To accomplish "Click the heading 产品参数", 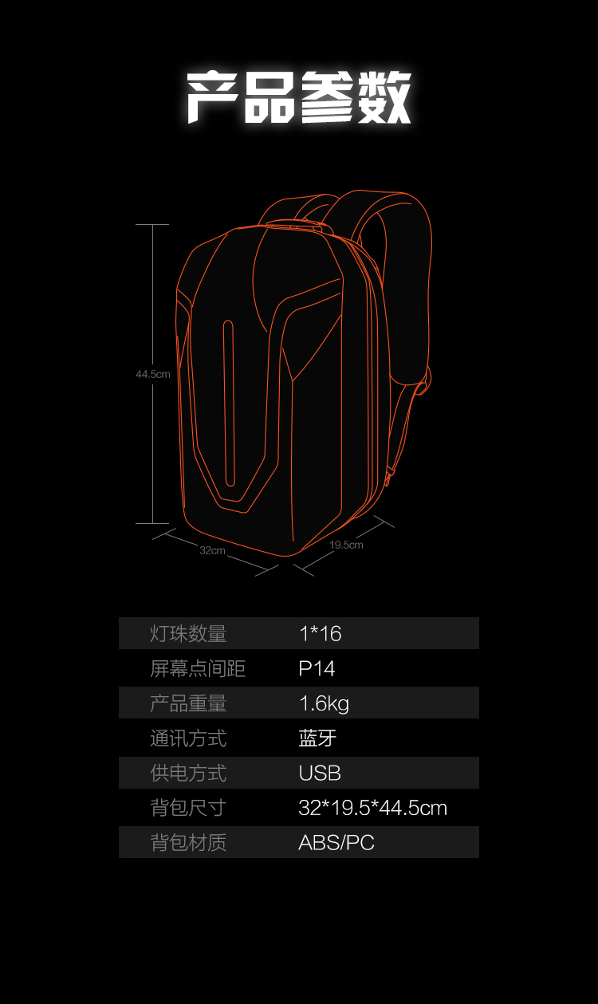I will (299, 97).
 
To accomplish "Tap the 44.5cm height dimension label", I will (153, 374).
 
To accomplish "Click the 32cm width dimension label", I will (212, 550).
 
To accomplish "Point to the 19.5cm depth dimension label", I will (346, 545).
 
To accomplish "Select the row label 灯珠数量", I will (188, 634).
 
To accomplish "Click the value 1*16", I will (320, 634).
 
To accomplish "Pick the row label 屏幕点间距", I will (198, 668).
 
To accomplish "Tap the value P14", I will (317, 668).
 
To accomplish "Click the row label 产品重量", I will (188, 703).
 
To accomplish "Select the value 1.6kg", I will (324, 703).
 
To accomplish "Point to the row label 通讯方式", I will (188, 738).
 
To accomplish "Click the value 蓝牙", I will (317, 738).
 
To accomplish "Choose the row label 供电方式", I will (188, 773).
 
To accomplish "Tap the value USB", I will (320, 773).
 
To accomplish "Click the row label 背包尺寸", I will (188, 808).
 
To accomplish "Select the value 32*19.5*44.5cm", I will (372, 808).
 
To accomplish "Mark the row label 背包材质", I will (188, 843).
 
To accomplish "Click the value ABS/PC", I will (336, 843).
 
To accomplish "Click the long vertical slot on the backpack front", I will (229, 403).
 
